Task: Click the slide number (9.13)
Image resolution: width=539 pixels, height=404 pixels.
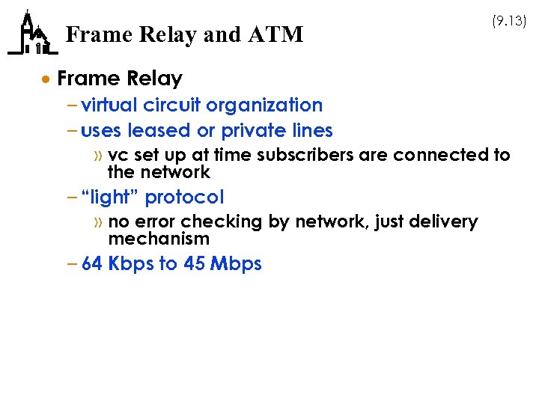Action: (509, 22)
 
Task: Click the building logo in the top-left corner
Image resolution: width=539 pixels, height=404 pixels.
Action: (32, 34)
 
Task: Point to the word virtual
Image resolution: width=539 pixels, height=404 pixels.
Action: (110, 105)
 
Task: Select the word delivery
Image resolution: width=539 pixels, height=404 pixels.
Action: (445, 221)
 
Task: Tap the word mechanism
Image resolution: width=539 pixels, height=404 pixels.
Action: (159, 239)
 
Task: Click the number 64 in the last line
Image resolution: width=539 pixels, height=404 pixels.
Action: (92, 264)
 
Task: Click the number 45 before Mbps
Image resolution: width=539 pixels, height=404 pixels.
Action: (194, 264)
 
